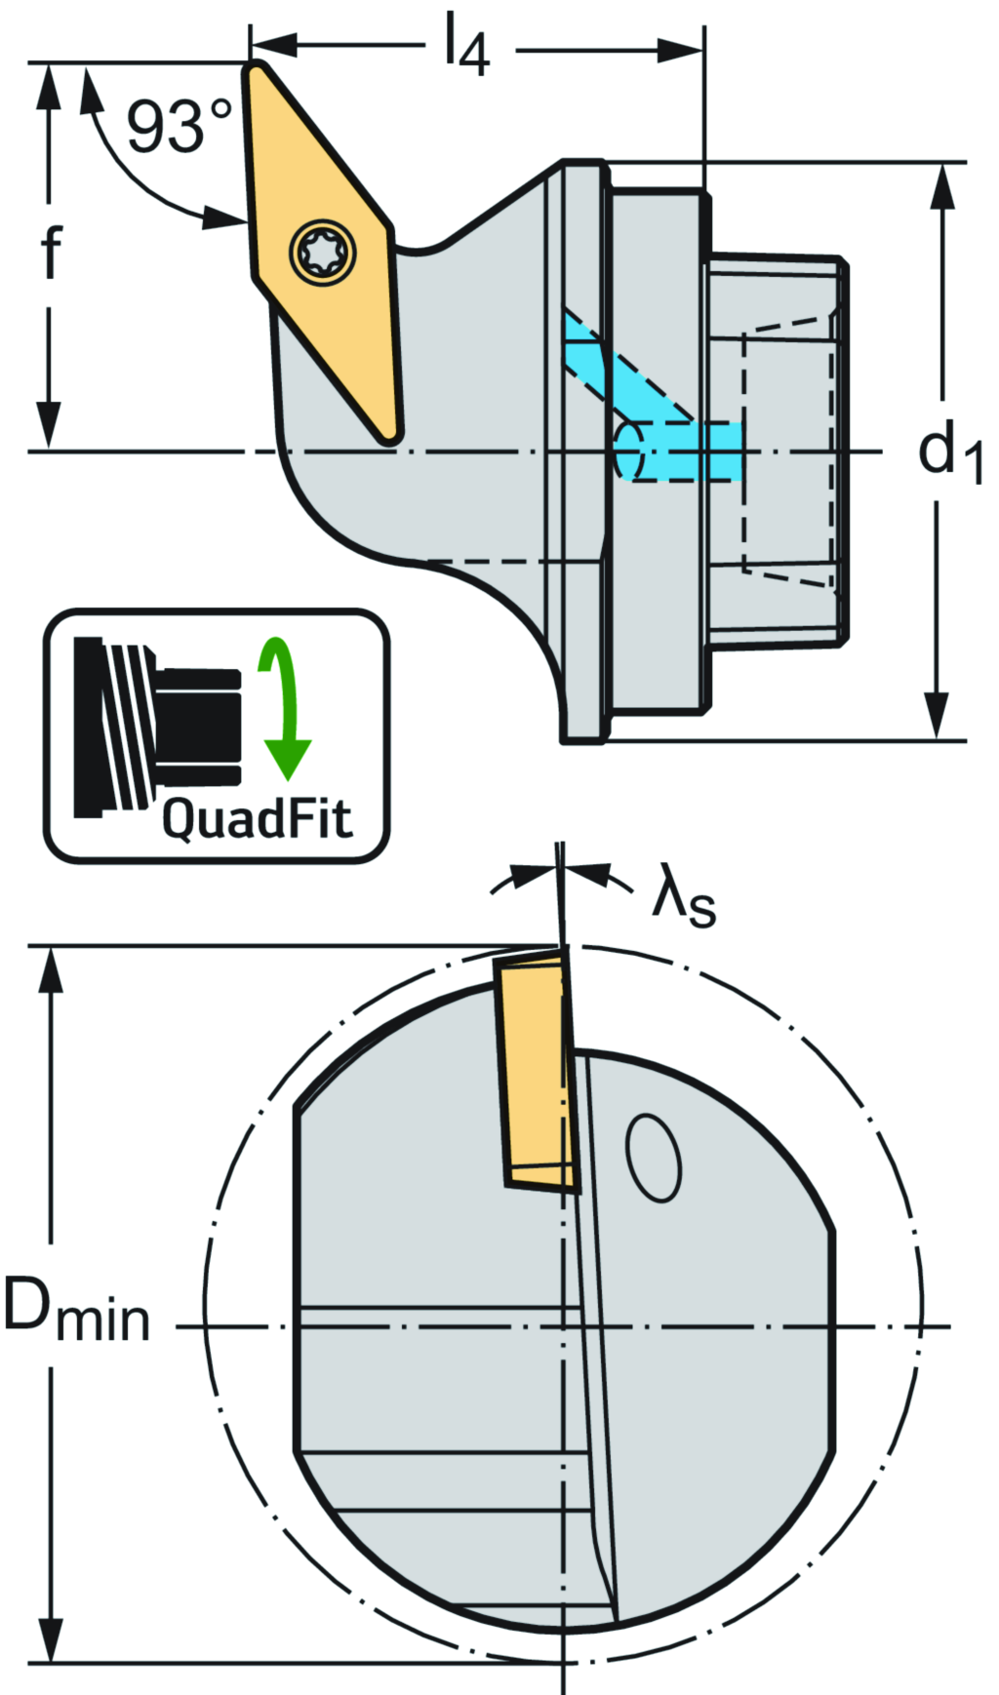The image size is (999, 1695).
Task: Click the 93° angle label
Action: coord(179,127)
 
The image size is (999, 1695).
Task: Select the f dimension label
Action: coord(51,252)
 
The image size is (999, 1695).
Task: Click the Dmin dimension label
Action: coord(76,1309)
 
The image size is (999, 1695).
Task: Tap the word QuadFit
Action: coord(256,817)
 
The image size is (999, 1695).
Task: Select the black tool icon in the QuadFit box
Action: coord(156,727)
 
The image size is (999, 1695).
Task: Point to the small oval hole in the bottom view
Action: coord(653,1157)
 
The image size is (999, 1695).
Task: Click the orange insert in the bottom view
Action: coord(534,1073)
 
